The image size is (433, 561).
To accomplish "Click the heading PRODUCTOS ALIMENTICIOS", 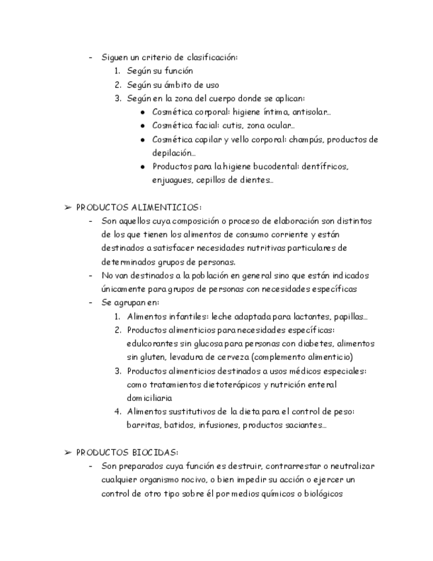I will [138, 207].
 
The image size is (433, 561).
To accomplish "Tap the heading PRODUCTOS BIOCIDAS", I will [127, 453].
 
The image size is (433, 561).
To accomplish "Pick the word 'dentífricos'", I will [324, 166].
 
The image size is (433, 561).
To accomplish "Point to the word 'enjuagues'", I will [171, 179].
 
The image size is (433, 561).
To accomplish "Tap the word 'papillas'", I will [348, 316].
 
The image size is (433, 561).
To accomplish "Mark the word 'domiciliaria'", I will [149, 398].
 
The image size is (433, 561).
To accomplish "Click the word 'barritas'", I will [143, 425].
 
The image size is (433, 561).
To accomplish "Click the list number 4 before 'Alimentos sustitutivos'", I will [117, 411].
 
